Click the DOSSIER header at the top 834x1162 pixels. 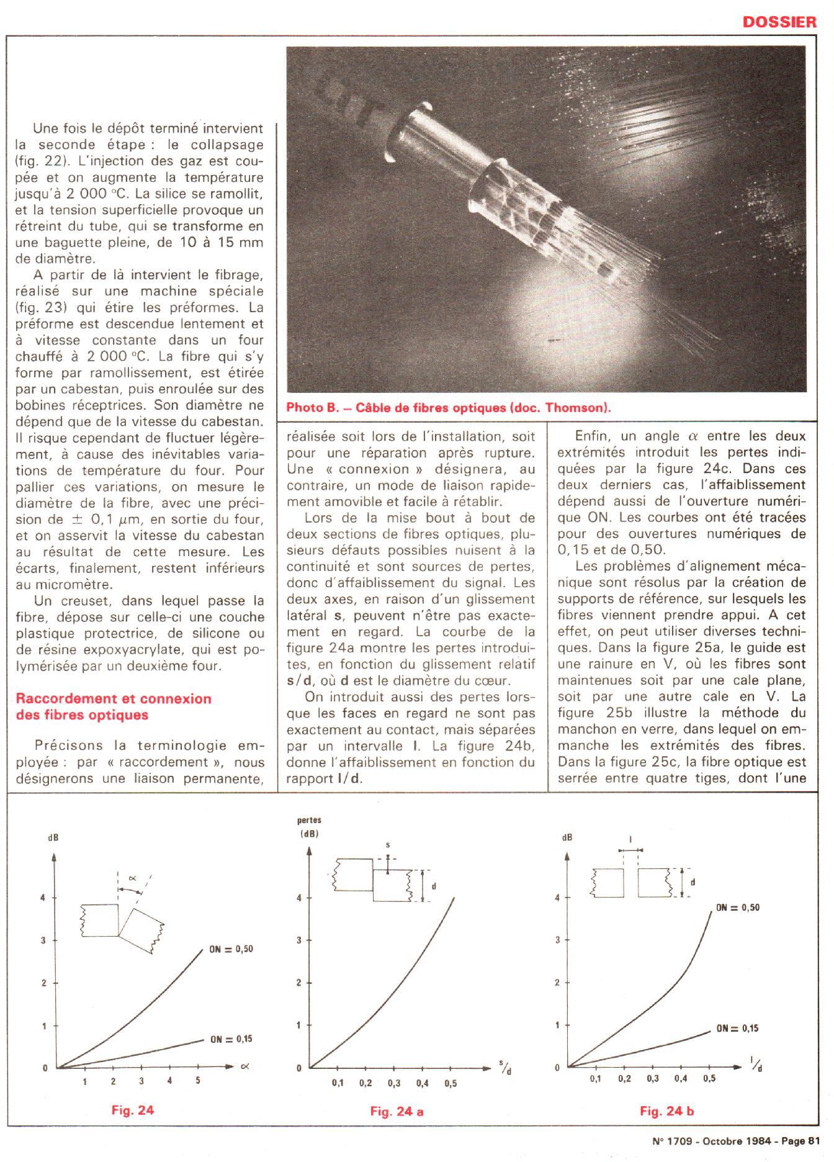point(779,22)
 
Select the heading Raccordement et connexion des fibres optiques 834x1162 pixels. point(114,706)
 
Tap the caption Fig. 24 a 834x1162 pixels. point(397,1111)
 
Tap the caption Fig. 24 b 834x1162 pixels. point(666,1111)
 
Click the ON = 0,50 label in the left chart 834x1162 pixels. point(230,949)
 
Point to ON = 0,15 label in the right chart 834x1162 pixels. point(737,1028)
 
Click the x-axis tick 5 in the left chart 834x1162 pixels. point(198,1081)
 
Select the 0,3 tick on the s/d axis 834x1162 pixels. point(394,1083)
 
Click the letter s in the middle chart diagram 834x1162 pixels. point(388,845)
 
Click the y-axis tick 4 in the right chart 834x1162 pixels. point(557,898)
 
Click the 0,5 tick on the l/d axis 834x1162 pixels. point(709,1079)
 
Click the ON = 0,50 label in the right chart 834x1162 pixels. point(738,907)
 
